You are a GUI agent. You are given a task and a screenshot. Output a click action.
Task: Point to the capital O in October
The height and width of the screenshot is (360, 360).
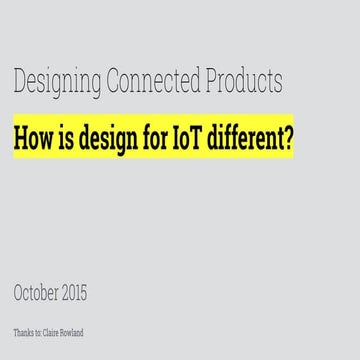click(20, 293)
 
